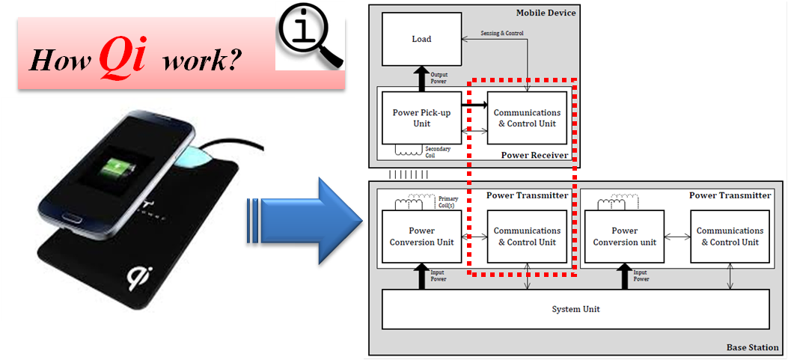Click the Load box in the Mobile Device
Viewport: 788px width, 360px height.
click(x=421, y=40)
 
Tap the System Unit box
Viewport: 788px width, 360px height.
click(x=575, y=309)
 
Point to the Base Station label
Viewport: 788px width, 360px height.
click(x=752, y=348)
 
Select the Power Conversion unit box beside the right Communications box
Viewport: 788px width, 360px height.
click(x=625, y=237)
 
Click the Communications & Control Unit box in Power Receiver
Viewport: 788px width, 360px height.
click(x=527, y=118)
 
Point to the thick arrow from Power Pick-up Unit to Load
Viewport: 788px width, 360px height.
click(x=421, y=78)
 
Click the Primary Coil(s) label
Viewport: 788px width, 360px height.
click(x=449, y=202)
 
